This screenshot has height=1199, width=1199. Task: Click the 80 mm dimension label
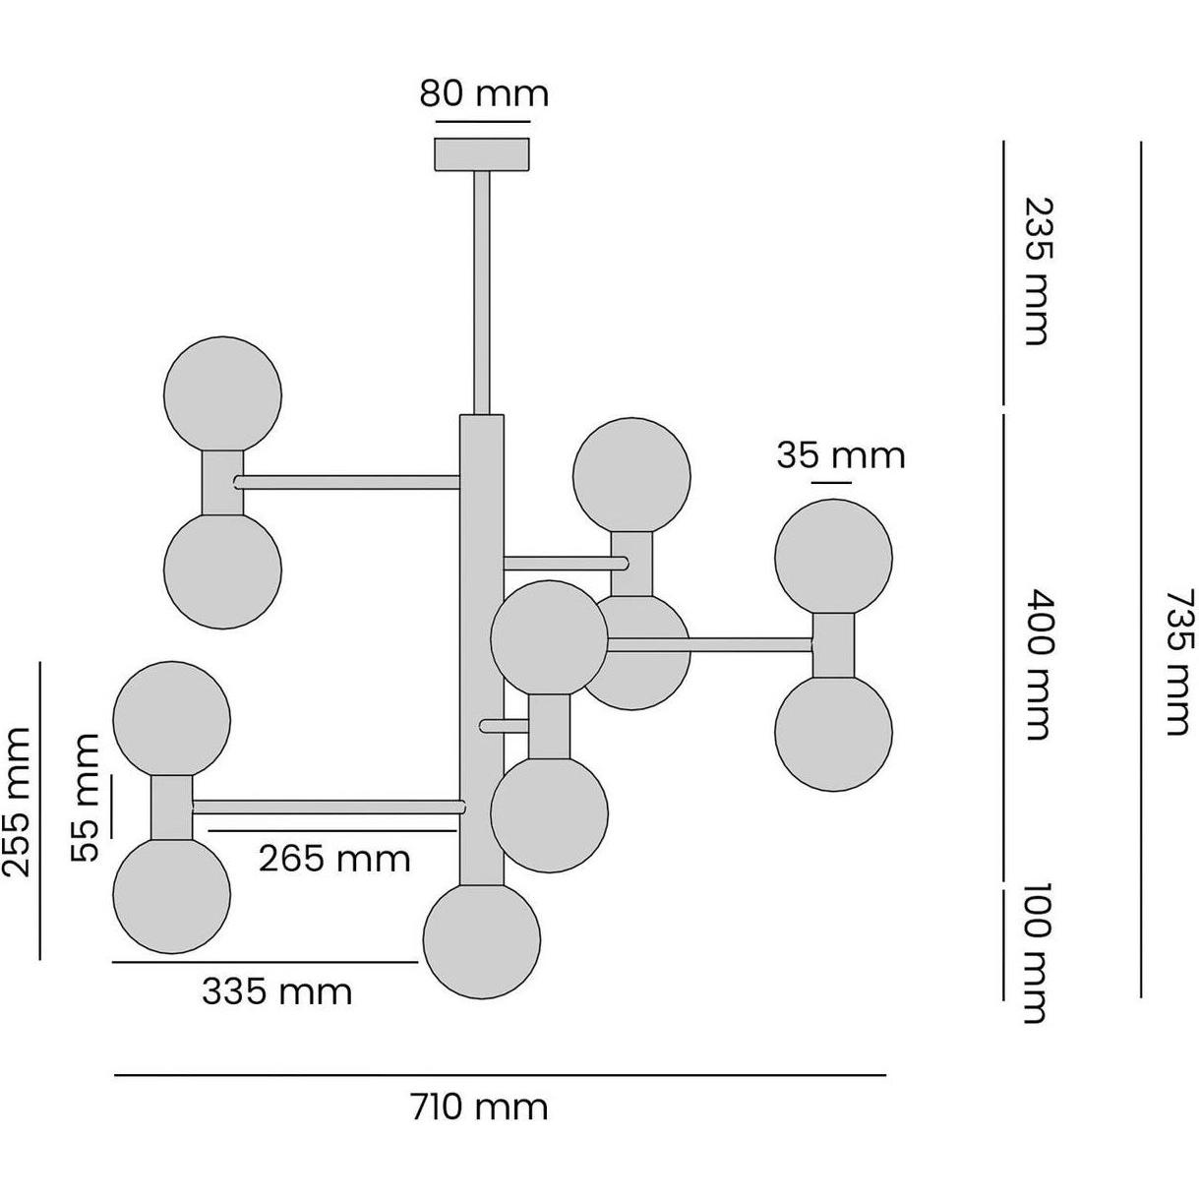[484, 94]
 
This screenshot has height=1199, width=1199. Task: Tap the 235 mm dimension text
[1039, 270]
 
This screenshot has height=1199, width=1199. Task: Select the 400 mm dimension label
[1039, 665]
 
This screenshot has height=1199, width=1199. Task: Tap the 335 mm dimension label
[277, 991]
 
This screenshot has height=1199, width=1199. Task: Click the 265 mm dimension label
[334, 859]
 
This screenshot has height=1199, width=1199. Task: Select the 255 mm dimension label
[17, 802]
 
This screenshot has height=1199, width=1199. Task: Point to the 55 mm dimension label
[86, 798]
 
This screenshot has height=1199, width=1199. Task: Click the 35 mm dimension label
[841, 455]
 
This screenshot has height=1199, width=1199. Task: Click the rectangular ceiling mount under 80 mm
[482, 154]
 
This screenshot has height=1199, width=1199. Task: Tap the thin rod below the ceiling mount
[482, 292]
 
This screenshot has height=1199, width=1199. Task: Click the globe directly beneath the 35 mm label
[833, 558]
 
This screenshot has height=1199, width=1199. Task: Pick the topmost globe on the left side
[222, 394]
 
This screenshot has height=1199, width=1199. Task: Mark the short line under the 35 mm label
[831, 482]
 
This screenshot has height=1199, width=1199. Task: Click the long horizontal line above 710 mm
[501, 1074]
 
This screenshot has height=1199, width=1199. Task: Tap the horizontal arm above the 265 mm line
[329, 807]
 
